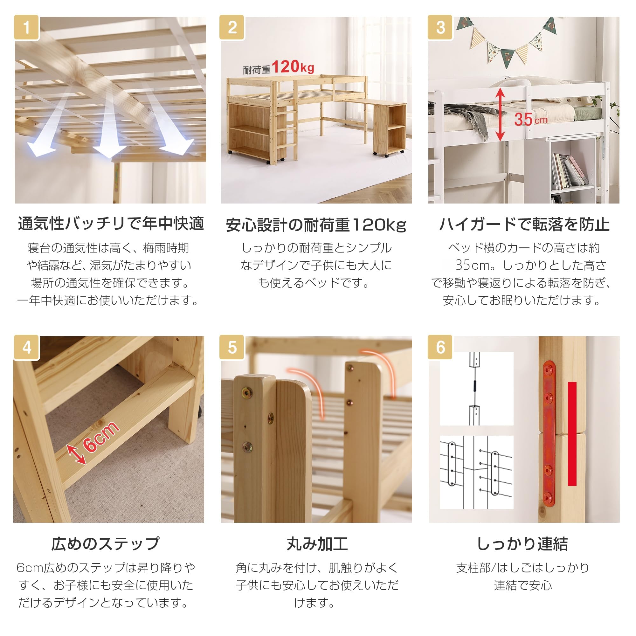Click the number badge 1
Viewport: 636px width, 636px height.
tap(27, 28)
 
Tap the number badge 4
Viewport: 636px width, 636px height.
tap(27, 348)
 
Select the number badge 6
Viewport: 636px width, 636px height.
tap(440, 348)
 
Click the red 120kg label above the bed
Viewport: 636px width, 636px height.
tap(293, 66)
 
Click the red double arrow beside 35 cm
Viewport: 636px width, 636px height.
tap(500, 114)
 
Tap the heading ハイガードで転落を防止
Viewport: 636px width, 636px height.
tap(524, 225)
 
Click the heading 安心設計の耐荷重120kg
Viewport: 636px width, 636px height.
tap(316, 225)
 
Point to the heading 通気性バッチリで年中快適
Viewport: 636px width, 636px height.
tap(111, 224)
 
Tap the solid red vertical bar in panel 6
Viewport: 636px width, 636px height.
tap(572, 433)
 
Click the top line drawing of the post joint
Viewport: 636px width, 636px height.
tap(476, 389)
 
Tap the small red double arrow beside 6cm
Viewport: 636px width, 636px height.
tap(76, 455)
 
